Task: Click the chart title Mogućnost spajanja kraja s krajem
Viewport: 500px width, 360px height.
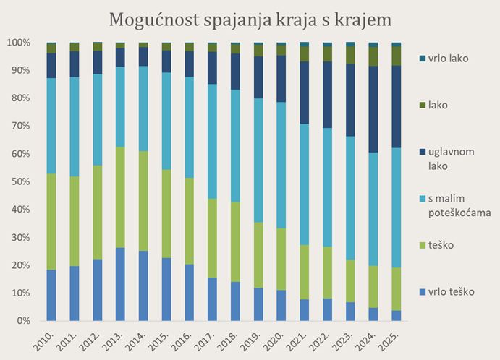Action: click(x=250, y=19)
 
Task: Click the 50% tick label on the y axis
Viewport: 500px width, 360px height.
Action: click(x=20, y=181)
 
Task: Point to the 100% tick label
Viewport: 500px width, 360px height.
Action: click(x=18, y=43)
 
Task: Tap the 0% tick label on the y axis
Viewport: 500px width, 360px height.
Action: click(x=23, y=320)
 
